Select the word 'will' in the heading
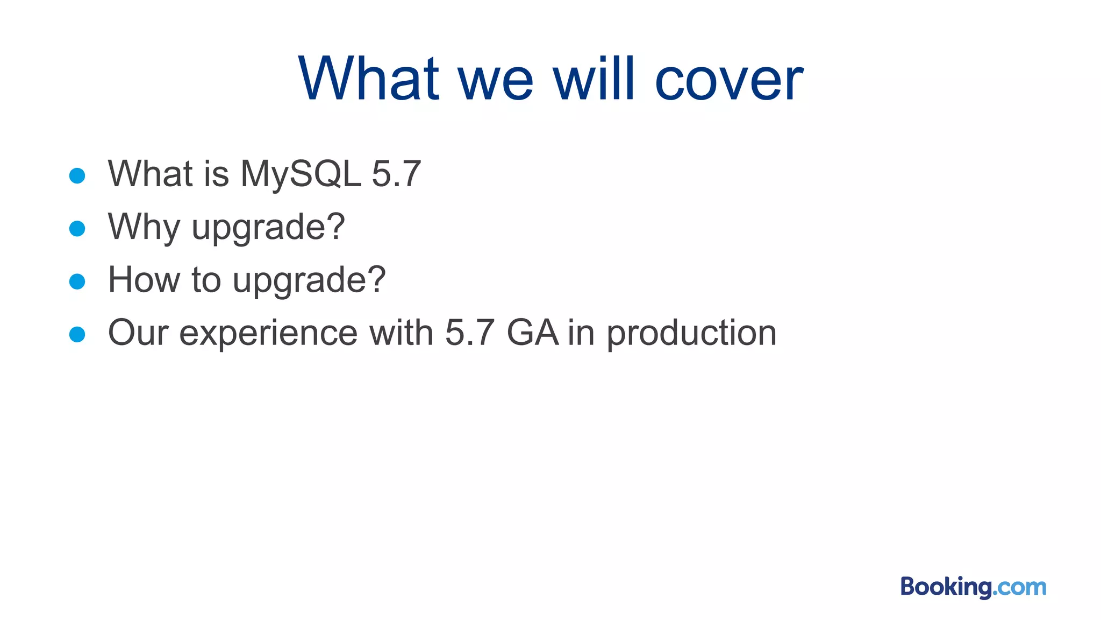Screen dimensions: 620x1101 [594, 80]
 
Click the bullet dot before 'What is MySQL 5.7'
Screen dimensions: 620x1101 [77, 175]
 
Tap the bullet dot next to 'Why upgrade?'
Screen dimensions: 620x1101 [77, 228]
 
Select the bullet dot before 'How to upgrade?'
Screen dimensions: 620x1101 [77, 281]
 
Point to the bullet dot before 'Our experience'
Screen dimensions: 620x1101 [77, 334]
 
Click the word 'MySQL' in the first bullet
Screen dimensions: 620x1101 [301, 174]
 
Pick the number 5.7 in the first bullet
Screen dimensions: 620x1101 [396, 174]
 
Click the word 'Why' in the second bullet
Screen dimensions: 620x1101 [144, 227]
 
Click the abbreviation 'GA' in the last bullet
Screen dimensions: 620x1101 [532, 333]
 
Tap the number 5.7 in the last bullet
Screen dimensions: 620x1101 [470, 333]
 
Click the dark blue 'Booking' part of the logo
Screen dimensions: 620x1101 [946, 587]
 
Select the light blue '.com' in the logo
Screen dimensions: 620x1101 [1020, 588]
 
